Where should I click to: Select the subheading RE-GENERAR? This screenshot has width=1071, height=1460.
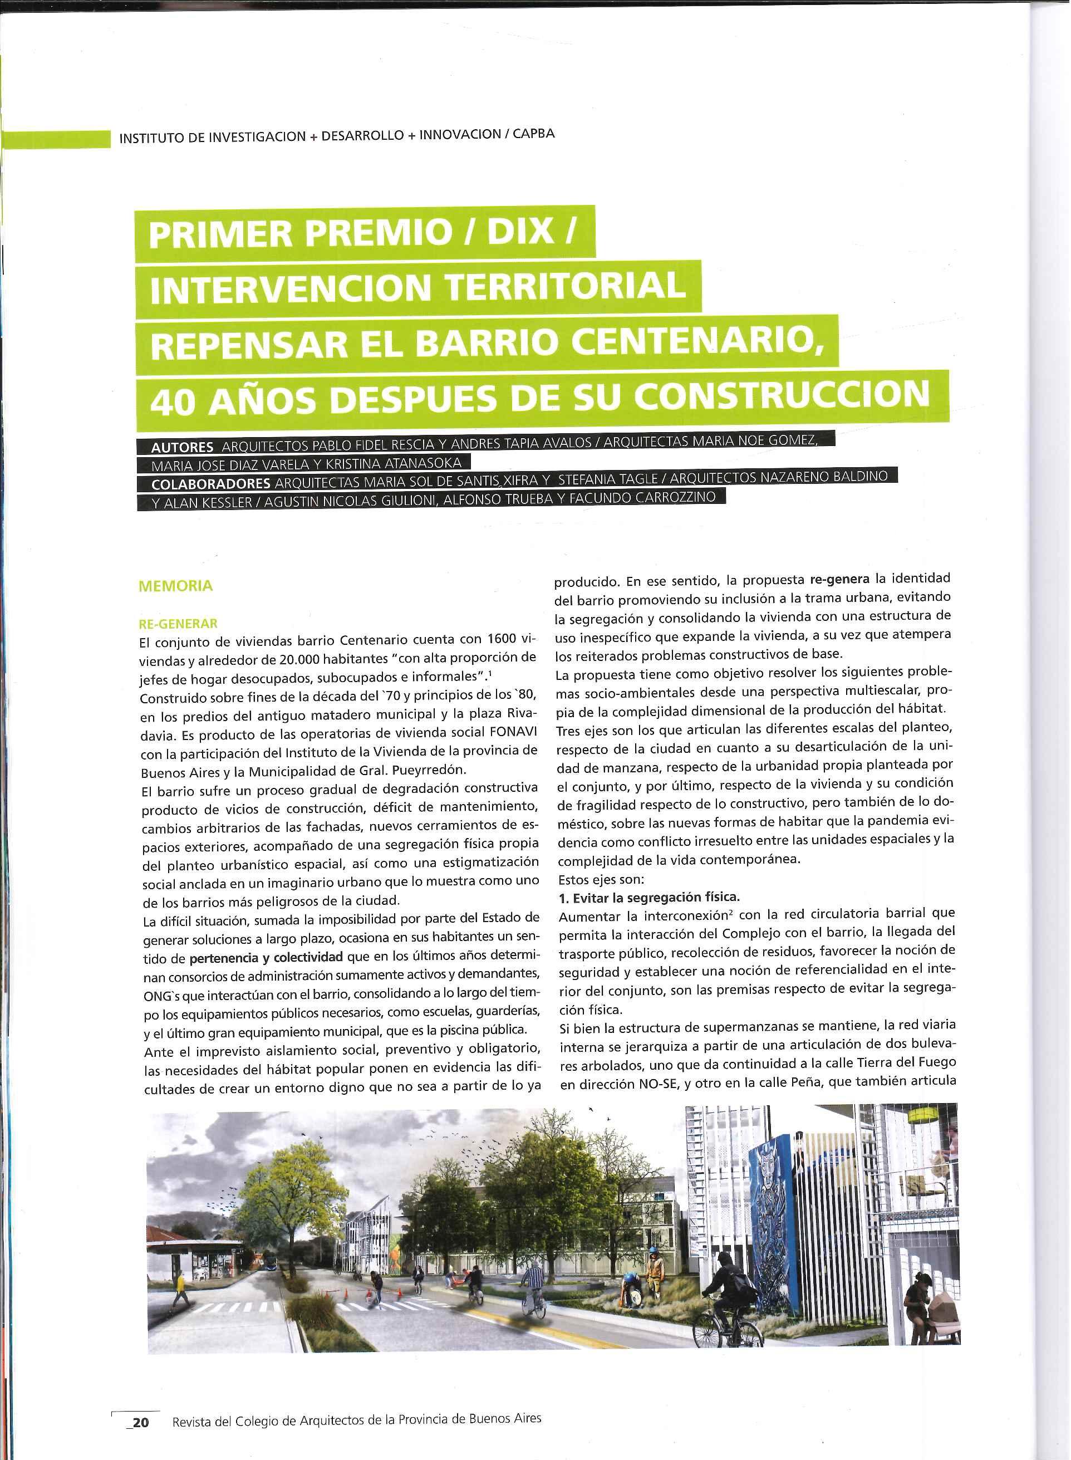[x=178, y=624]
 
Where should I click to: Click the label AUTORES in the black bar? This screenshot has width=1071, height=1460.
[x=181, y=447]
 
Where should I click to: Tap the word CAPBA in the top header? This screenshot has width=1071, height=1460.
[x=534, y=134]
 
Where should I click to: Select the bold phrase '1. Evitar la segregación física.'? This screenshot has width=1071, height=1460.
[x=649, y=897]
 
